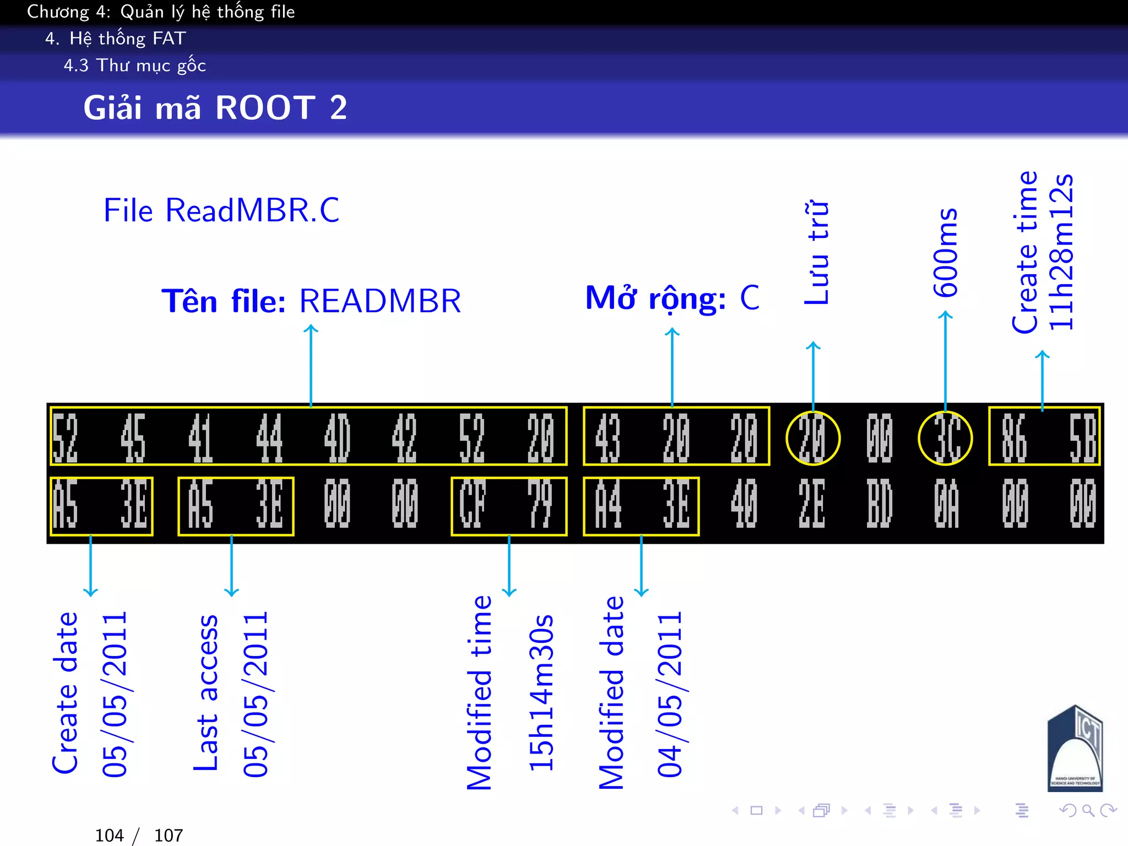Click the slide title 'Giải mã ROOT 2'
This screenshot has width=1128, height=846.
pyautogui.click(x=215, y=107)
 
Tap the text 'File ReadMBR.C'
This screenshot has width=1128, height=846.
pyautogui.click(x=221, y=210)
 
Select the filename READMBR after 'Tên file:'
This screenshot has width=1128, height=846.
pyautogui.click(x=380, y=301)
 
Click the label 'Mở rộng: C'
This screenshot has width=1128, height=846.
pyautogui.click(x=672, y=299)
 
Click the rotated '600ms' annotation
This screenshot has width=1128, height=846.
pyautogui.click(x=945, y=252)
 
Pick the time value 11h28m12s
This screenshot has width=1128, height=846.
pyautogui.click(x=1061, y=252)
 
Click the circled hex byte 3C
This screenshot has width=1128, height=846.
pyautogui.click(x=945, y=438)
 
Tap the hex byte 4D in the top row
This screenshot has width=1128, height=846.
pyautogui.click(x=337, y=438)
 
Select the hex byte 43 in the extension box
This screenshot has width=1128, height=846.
pyautogui.click(x=608, y=438)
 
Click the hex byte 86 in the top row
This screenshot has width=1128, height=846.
pyautogui.click(x=1015, y=438)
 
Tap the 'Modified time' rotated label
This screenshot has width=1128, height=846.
pyautogui.click(x=479, y=693)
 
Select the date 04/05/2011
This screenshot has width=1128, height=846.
pyautogui.click(x=670, y=694)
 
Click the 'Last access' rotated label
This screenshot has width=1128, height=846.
pyautogui.click(x=206, y=693)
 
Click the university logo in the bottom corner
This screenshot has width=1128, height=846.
pyautogui.click(x=1075, y=749)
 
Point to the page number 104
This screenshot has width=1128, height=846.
pyautogui.click(x=109, y=836)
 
